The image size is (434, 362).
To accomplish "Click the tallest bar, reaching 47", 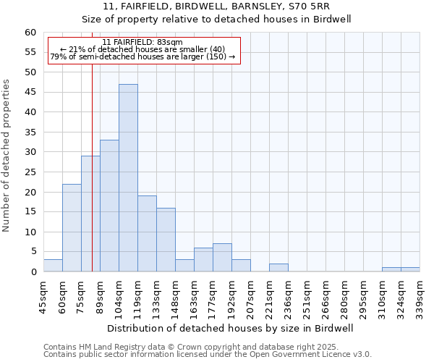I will tap(128, 178).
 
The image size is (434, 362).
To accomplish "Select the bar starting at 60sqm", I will tap(72, 228).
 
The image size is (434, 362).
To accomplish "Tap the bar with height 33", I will tap(109, 206).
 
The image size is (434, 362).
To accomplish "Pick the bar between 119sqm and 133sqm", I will tap(147, 234).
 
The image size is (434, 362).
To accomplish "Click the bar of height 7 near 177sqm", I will tap(222, 258).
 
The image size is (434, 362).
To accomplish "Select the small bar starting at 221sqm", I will tap(278, 268).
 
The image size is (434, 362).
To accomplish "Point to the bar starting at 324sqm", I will tap(410, 269).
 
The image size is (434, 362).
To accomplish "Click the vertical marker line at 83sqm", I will tap(93, 174).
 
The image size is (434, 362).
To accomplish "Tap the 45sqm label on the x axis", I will tap(43, 297).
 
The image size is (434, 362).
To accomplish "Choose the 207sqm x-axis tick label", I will tap(250, 297).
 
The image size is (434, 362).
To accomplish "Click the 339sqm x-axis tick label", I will tap(420, 297).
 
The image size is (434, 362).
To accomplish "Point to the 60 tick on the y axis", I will tap(30, 33).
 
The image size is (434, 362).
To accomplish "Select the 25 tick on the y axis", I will tap(30, 172).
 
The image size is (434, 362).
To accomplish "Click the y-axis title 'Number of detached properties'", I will tap(7, 156).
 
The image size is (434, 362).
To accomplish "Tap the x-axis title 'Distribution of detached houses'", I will tap(230, 328).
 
